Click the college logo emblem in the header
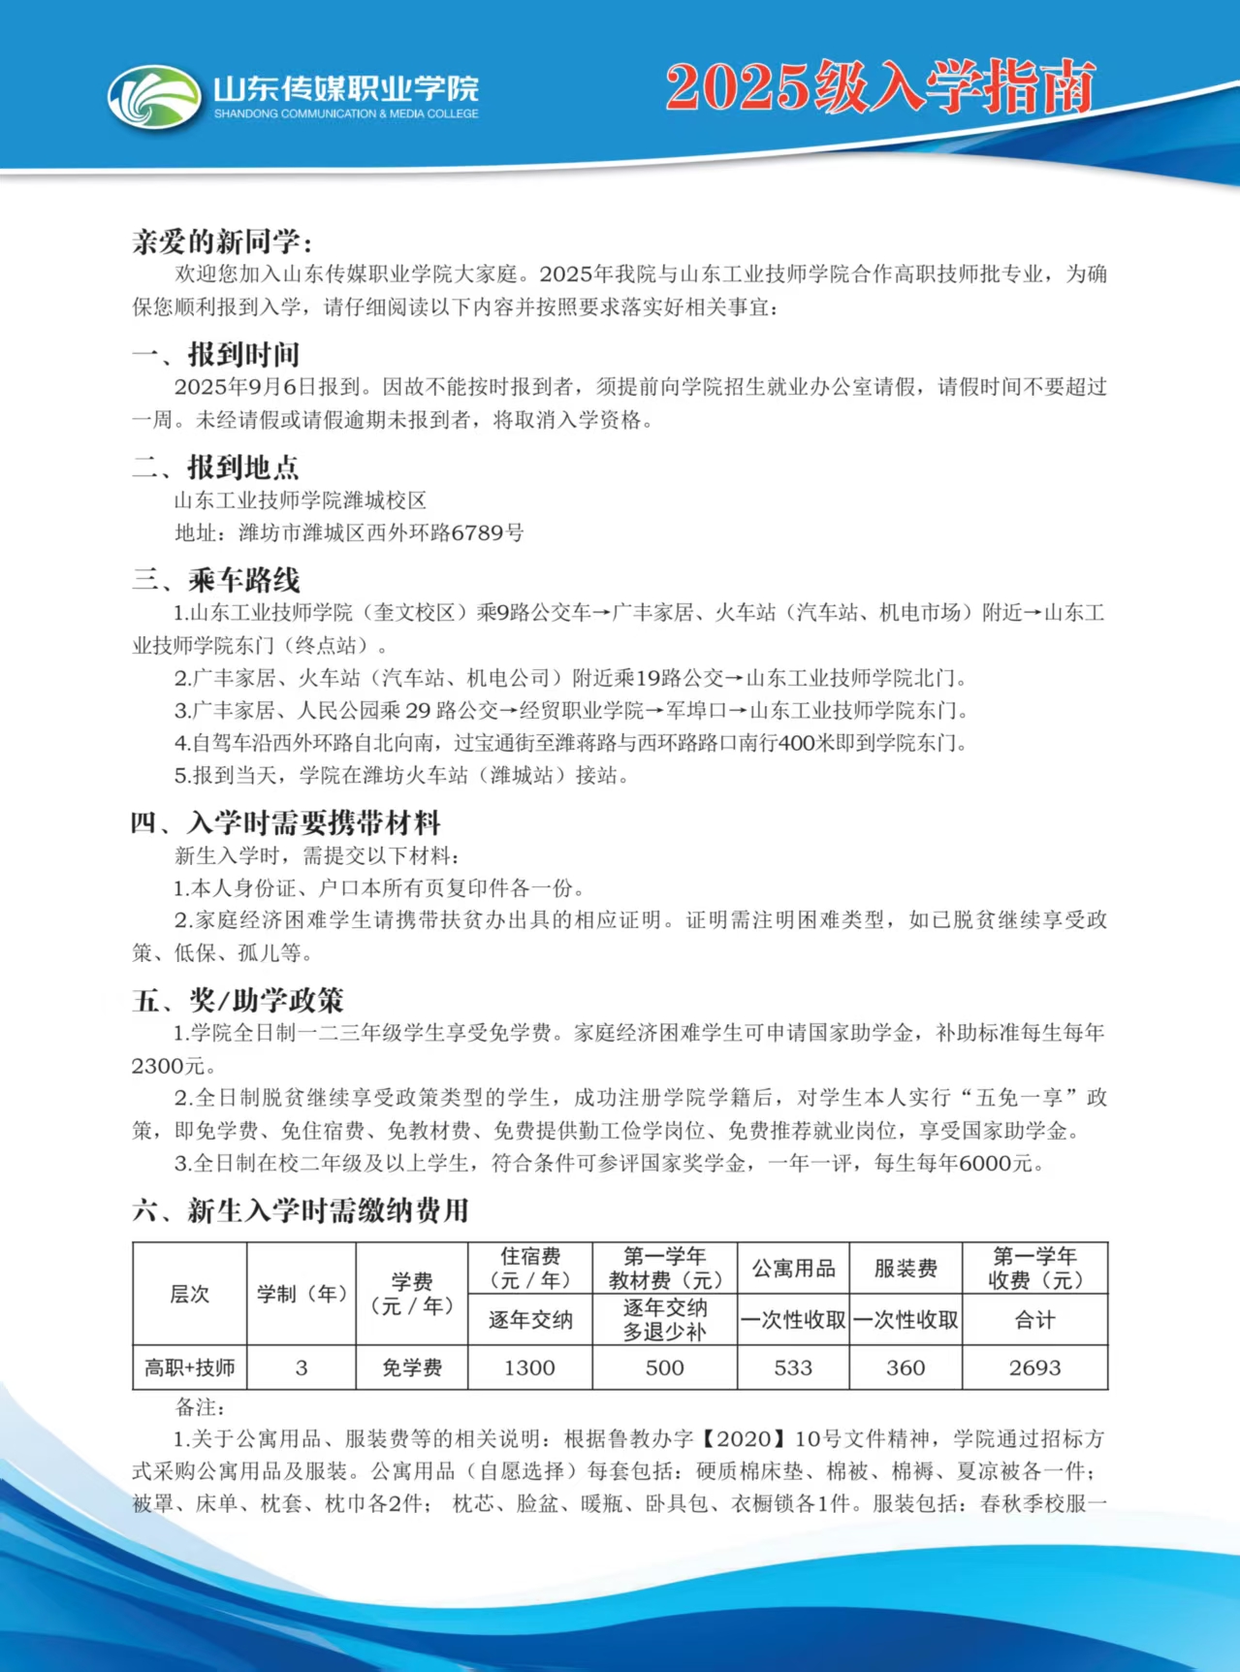point(154,97)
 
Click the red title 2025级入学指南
point(880,87)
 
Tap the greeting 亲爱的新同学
point(222,241)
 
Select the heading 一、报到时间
point(215,355)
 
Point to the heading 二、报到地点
point(215,467)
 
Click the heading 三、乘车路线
point(215,580)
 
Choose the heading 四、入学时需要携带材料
point(286,823)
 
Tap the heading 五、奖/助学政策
point(238,1000)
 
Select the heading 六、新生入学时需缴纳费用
point(301,1210)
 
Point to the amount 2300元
point(169,1066)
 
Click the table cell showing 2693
point(1034,1367)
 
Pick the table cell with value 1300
point(529,1367)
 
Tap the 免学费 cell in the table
point(412,1367)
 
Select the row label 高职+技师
point(190,1367)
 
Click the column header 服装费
point(906,1269)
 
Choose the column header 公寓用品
point(793,1269)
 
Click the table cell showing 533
point(793,1367)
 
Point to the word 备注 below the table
point(200,1407)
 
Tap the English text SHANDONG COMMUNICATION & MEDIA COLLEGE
point(346,114)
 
